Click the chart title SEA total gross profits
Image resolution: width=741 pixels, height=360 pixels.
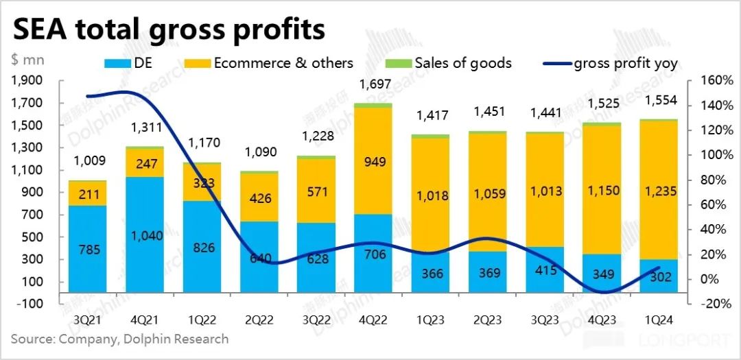tap(169, 30)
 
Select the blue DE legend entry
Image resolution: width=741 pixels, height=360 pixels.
tap(141, 64)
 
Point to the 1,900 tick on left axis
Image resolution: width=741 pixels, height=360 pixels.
tap(27, 80)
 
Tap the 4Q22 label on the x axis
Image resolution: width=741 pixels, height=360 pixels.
tap(373, 320)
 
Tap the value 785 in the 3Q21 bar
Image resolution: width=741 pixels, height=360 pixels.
tap(87, 250)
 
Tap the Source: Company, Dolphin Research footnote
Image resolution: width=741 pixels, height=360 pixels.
tap(119, 339)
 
